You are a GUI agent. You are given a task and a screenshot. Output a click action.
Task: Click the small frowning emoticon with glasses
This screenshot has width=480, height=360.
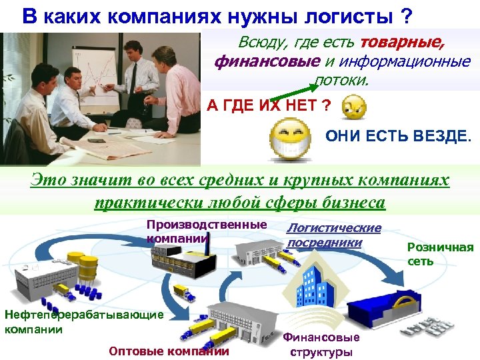point(353,107)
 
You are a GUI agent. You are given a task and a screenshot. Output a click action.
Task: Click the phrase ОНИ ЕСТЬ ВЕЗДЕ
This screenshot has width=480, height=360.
point(397,137)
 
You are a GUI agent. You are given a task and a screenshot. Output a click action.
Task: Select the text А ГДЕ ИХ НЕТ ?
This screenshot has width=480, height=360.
point(269,107)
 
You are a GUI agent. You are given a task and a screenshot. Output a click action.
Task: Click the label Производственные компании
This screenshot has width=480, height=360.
point(206,231)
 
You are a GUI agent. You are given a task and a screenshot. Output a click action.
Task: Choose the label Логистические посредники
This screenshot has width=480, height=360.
point(333,235)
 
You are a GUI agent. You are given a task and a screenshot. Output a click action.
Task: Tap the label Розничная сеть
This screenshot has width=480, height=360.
point(439,254)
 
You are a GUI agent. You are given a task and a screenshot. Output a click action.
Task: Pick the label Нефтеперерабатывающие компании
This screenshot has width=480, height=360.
point(83,321)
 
